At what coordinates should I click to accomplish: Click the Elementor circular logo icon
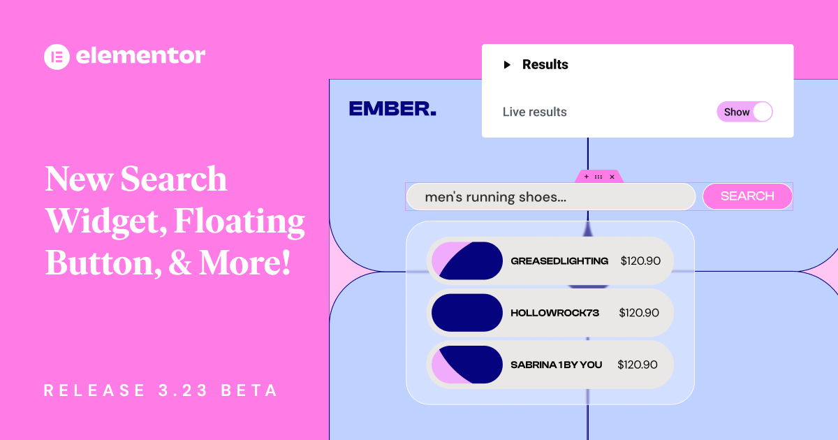(x=57, y=56)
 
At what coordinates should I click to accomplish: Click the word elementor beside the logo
(x=140, y=56)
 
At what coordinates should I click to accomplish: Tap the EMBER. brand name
(x=392, y=109)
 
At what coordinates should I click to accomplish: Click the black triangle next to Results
(x=508, y=65)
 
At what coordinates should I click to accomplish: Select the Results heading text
(x=545, y=65)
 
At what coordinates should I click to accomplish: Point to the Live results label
(x=535, y=112)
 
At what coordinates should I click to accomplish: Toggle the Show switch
(x=745, y=112)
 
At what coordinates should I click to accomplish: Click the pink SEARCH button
(x=747, y=196)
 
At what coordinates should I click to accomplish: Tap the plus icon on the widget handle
(x=586, y=177)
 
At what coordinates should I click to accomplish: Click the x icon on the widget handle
(x=612, y=177)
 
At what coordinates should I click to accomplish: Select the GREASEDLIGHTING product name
(x=559, y=261)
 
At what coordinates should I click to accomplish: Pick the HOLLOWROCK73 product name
(x=554, y=313)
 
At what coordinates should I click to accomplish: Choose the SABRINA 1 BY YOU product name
(x=556, y=365)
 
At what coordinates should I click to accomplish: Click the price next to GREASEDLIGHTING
(x=640, y=261)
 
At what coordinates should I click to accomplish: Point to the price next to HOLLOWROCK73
(x=639, y=313)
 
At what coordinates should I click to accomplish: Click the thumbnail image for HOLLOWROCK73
(x=467, y=313)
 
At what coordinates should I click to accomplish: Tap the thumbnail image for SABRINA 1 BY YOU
(x=467, y=365)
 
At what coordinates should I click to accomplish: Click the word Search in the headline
(x=174, y=179)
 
